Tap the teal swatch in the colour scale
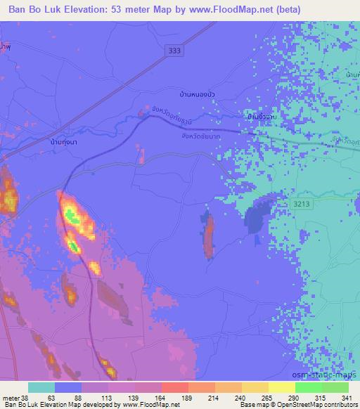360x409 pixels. pos(41,387)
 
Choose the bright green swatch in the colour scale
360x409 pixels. pos(309,387)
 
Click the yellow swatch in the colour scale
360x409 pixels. pos(282,387)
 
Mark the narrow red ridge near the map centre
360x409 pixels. pos(209,235)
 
